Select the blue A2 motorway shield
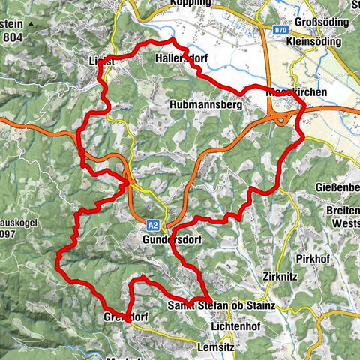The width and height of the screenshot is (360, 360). tap(153, 224)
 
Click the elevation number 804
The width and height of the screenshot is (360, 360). tap(12, 36)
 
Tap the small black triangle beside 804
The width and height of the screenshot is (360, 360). tap(31, 23)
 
